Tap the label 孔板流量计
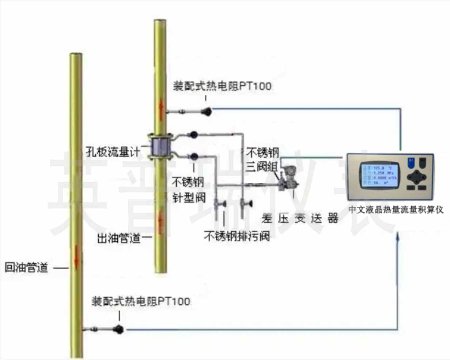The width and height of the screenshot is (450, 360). click(x=113, y=152)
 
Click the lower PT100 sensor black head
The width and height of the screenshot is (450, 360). click(x=118, y=329)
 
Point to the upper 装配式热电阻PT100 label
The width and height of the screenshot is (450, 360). click(x=222, y=86)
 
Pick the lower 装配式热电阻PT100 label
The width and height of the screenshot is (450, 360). click(x=141, y=301)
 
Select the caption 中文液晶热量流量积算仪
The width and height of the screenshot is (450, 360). click(x=396, y=210)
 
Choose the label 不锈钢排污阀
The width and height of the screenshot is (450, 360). click(x=237, y=236)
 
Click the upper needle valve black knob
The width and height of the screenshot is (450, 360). click(x=194, y=135)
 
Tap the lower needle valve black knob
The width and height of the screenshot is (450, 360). click(x=194, y=157)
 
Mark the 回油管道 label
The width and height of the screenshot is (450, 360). click(x=26, y=267)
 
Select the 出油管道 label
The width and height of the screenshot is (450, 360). click(x=119, y=239)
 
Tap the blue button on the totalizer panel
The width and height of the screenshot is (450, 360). click(x=411, y=161)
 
